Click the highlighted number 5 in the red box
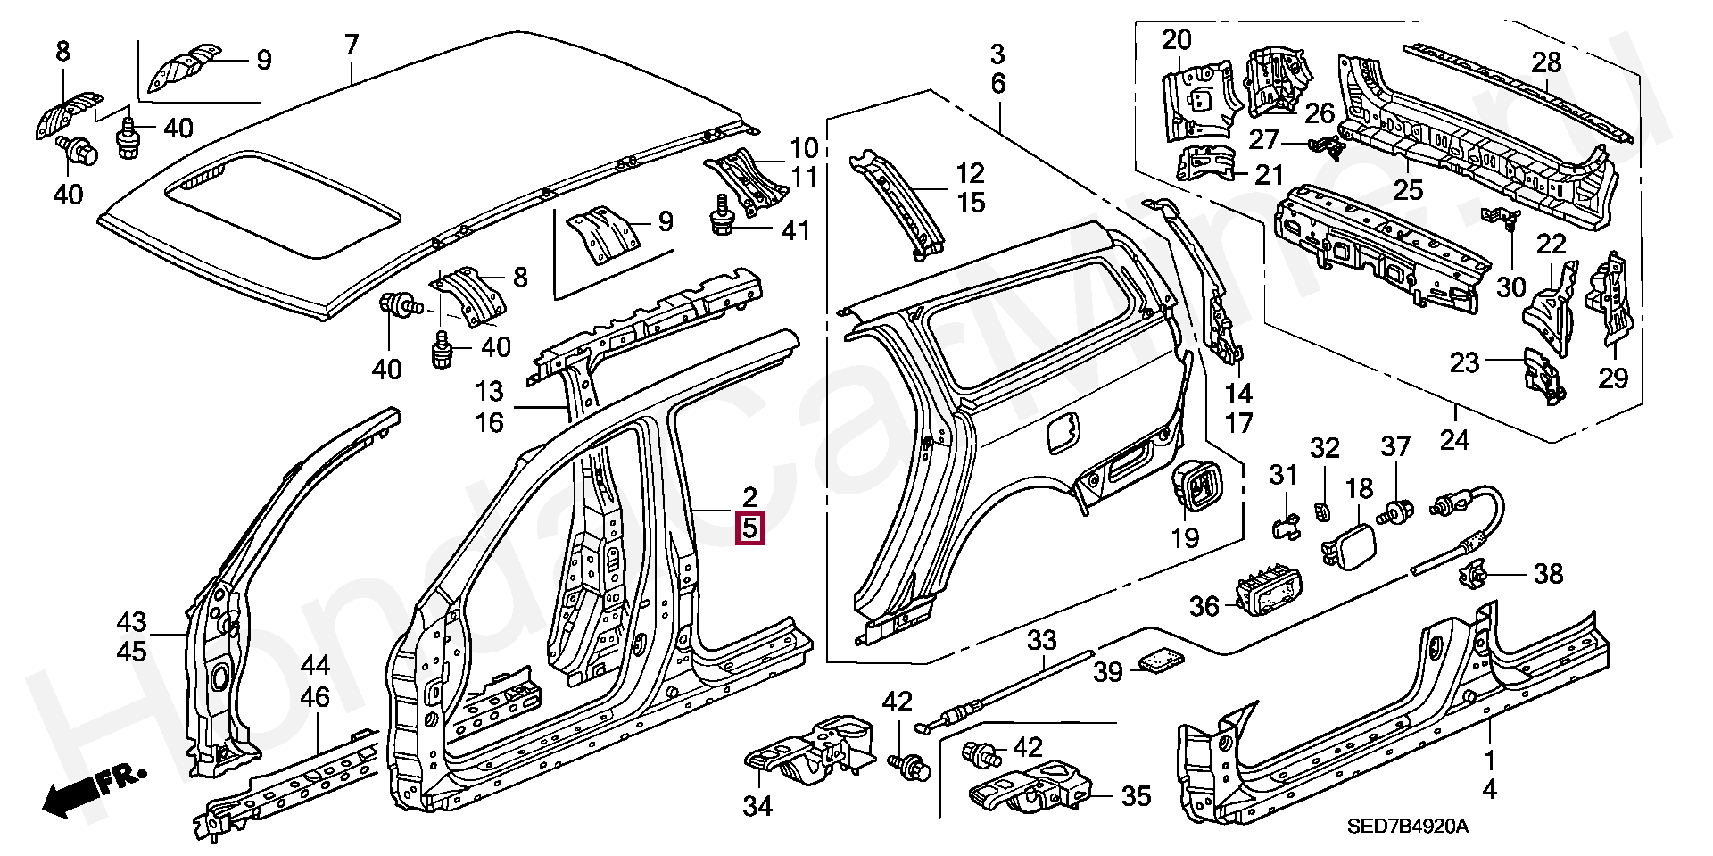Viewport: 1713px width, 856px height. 749,528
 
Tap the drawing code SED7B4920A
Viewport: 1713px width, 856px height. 1407,826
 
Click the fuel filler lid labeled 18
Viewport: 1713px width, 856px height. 1345,547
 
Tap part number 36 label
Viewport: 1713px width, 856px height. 1204,606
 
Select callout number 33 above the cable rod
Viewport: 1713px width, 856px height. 1041,640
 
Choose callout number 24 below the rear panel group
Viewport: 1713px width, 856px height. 1456,438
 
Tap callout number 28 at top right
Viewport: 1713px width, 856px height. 1546,62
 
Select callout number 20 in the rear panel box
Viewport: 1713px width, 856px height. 1177,39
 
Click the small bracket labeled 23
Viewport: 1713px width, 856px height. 1541,378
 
